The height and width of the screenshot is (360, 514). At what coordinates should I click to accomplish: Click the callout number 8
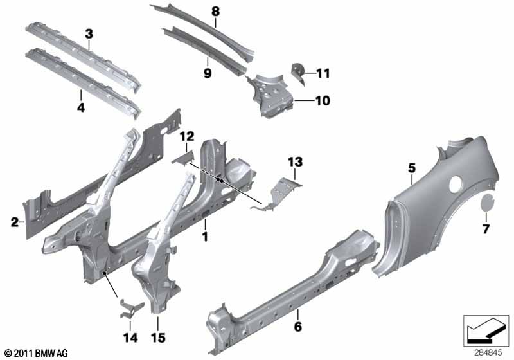[x=215, y=12]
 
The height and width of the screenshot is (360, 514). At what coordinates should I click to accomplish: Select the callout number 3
[x=89, y=34]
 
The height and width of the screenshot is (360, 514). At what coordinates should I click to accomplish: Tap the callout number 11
[x=323, y=73]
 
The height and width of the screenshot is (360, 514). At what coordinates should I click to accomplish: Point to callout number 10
[x=323, y=100]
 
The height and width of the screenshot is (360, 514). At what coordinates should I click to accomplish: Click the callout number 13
[x=296, y=161]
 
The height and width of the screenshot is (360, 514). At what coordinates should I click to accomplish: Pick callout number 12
[x=187, y=136]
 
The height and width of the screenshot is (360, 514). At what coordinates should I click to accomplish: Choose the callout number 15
[x=158, y=337]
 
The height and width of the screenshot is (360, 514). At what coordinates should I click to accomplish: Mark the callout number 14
[x=130, y=337]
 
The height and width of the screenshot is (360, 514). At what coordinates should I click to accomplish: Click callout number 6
[x=298, y=326]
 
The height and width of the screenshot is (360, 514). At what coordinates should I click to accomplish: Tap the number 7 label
[x=486, y=228]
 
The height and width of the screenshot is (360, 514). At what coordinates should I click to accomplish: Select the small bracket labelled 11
[x=298, y=73]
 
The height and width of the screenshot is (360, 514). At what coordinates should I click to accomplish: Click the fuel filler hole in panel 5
[x=455, y=184]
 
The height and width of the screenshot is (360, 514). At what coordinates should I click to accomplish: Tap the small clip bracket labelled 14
[x=130, y=309]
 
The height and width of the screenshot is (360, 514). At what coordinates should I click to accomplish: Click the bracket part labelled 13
[x=277, y=194]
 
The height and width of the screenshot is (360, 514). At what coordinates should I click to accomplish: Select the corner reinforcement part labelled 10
[x=269, y=95]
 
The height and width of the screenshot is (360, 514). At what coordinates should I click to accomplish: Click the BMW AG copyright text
[x=37, y=353]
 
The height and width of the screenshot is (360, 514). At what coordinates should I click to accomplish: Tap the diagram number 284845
[x=488, y=353]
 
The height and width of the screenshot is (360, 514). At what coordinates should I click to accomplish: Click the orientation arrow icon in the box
[x=486, y=330]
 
